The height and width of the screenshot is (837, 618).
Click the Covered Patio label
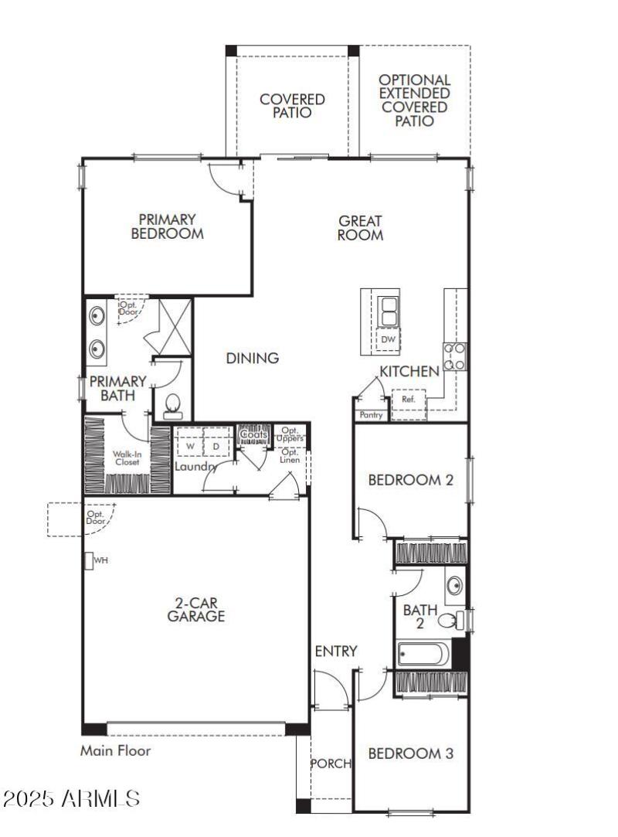pos(292,106)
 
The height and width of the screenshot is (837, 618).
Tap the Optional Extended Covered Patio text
pos(414,100)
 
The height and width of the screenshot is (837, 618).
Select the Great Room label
pos(360,228)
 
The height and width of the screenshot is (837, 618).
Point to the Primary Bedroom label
pos(167,226)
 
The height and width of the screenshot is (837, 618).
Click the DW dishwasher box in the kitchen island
pos(387,339)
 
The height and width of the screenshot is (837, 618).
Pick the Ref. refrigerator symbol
pos(408,400)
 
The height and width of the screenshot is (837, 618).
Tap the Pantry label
pos(371,415)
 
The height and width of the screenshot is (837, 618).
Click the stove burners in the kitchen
pos(453,356)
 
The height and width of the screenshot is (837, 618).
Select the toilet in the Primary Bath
pos(172,403)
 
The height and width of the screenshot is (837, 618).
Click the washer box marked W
pos(190,446)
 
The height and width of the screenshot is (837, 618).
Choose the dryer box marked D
pos(216,446)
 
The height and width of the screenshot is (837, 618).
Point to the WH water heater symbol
pos(90,560)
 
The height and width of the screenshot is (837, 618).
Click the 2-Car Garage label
pos(196,609)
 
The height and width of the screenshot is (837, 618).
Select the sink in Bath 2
pos(455,584)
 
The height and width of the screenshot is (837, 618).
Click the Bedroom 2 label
pos(410,480)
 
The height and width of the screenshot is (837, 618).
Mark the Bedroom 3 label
pos(410,754)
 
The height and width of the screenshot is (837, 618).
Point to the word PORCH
pos(331,764)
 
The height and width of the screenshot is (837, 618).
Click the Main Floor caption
pos(116,750)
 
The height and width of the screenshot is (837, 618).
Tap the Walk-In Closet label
pos(127,458)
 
